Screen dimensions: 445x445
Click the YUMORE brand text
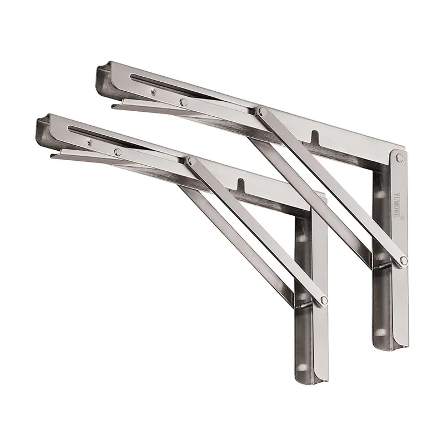click(397, 205)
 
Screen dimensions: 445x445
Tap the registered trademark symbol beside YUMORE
click(402, 217)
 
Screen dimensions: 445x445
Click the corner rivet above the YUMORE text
click(399, 158)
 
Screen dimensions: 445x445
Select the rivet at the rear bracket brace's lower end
click(404, 260)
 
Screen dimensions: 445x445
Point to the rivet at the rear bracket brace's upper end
click(263, 111)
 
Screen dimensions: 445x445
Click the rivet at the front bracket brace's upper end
click(191, 161)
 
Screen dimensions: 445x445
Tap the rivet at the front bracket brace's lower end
click(324, 300)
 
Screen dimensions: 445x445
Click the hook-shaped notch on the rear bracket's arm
click(314, 136)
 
